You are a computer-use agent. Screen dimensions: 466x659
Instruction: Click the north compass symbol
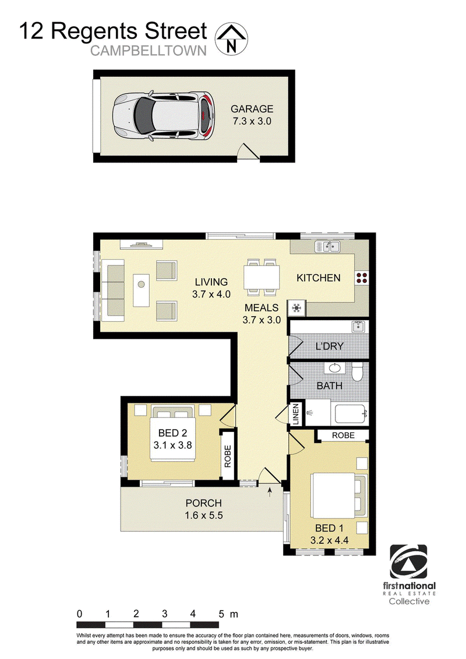pos(231,38)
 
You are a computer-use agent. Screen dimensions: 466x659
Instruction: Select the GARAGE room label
pos(252,109)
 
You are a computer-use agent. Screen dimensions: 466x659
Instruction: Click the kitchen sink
pos(327,247)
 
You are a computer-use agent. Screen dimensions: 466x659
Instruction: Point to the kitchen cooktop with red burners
pos(362,277)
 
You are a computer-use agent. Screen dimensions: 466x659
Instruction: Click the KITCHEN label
pos(319,278)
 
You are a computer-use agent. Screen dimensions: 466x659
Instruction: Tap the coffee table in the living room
pos(142,290)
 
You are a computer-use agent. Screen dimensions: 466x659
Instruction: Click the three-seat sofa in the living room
pos(113,290)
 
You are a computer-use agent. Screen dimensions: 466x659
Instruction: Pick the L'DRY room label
pos(329,346)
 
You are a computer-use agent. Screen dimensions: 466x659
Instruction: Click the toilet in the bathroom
pos(357,371)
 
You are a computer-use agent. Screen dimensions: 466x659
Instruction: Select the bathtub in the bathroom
pos(352,414)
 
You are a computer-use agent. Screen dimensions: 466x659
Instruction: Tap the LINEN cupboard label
pos(296,414)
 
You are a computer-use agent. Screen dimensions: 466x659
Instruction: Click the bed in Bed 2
pos(172,433)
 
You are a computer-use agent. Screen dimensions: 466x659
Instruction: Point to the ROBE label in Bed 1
pos(343,435)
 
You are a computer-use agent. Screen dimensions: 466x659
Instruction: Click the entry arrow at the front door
pos(270,491)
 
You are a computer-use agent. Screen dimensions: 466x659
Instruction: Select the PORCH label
pos(203,503)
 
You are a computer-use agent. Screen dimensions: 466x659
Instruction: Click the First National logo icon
pos(408,562)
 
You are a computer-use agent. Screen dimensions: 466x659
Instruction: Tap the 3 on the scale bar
pos(164,614)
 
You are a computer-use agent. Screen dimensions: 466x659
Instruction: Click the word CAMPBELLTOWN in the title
pos(149,51)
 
